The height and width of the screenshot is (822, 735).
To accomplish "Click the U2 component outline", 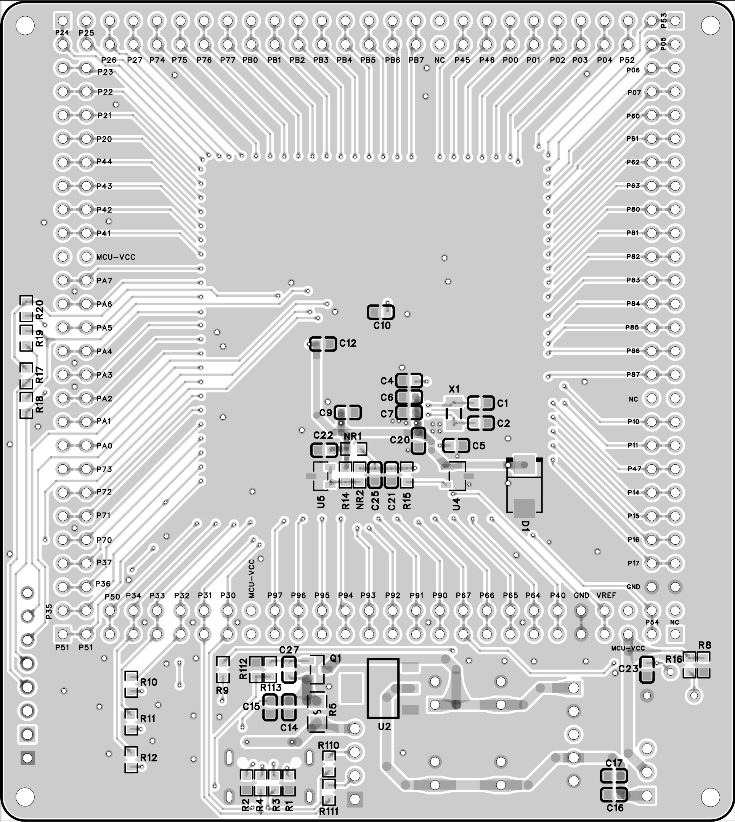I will (x=383, y=688).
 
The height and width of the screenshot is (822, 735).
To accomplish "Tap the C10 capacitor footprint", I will (x=380, y=312).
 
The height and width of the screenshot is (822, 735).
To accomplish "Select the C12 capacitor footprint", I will (x=323, y=344).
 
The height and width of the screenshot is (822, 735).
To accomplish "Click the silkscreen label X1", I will (x=454, y=389).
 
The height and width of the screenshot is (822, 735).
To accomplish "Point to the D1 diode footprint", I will (x=524, y=487).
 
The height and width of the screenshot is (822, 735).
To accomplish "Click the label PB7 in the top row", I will (x=416, y=60).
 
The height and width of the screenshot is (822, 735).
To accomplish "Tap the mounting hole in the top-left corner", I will (x=25, y=25).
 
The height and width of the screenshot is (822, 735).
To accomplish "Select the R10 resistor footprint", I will (x=131, y=684).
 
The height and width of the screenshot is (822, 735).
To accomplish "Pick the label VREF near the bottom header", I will (x=606, y=595).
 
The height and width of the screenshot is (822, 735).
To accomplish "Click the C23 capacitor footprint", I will (x=647, y=670).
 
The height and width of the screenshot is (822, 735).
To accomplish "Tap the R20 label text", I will (x=39, y=310).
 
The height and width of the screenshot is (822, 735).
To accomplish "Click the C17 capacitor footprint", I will (x=614, y=776).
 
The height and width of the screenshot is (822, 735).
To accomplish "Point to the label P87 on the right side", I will (x=633, y=374).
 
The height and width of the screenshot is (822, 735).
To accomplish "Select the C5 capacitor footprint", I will (x=456, y=446).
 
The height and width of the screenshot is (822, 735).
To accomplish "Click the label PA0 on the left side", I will (x=104, y=446).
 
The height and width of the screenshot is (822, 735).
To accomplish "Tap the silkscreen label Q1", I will (x=335, y=658).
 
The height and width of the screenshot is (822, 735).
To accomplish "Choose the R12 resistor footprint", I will (x=131, y=760).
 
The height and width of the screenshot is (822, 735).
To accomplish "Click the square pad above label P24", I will (x=63, y=20).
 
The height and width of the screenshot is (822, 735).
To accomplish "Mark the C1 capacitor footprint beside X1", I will (x=481, y=403).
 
